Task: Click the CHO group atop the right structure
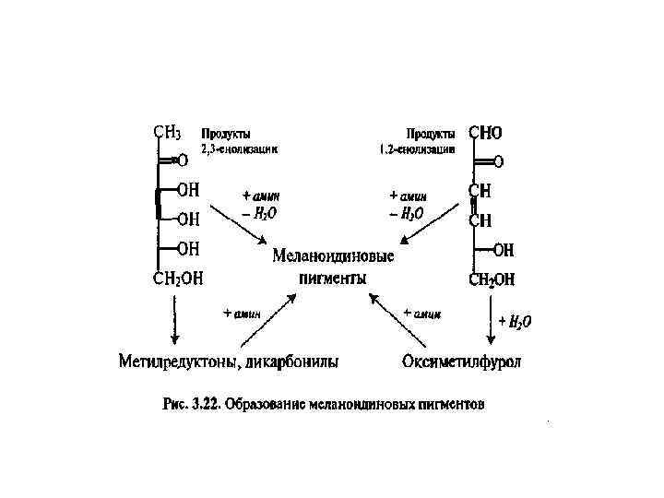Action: tap(486, 134)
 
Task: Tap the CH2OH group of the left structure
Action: tap(178, 279)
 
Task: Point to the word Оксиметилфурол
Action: tap(461, 361)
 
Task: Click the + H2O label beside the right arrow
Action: tap(515, 321)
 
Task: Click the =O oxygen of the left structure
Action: tap(182, 160)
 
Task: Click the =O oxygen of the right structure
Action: tap(498, 162)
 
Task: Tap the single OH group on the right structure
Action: tap(504, 250)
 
